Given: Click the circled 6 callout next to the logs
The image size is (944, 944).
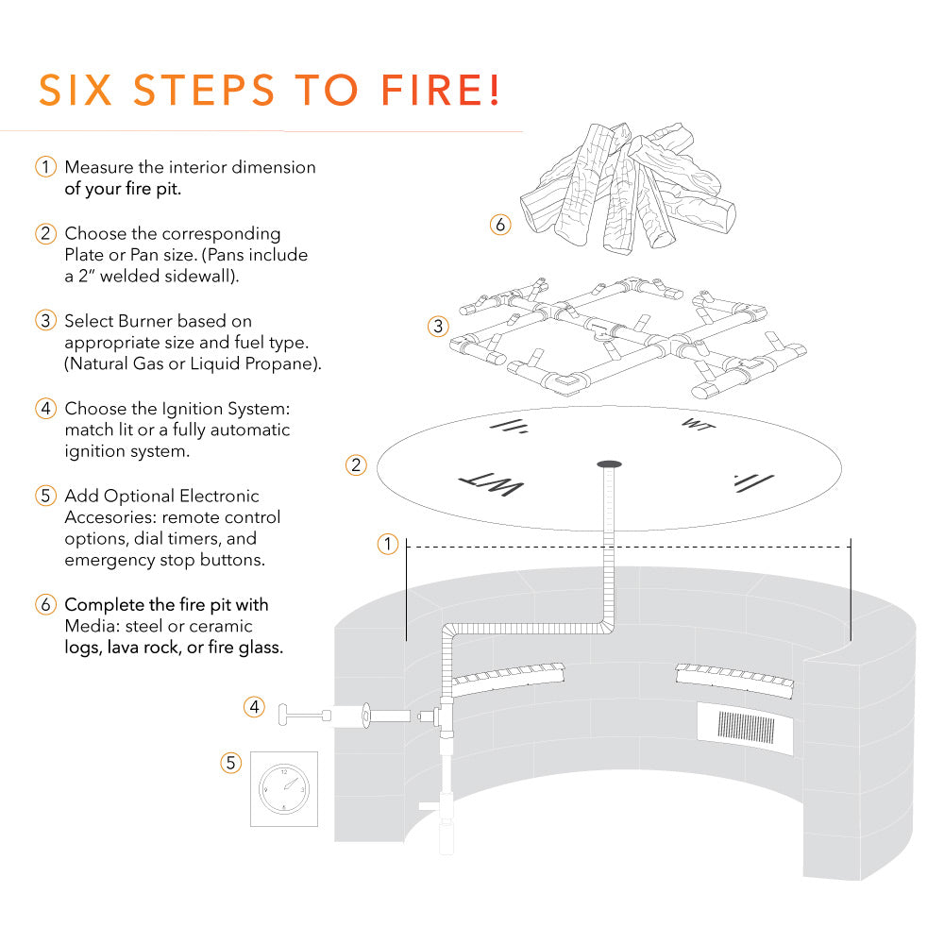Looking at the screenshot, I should (x=500, y=225).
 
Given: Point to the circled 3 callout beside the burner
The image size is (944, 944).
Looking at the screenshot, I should (x=437, y=327).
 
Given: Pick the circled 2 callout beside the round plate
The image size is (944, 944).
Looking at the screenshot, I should (x=356, y=464).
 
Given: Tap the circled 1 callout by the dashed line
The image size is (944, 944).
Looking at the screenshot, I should (x=387, y=544).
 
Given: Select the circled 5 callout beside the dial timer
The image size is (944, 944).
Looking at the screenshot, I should (x=231, y=763).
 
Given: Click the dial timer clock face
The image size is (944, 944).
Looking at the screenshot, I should (x=283, y=789).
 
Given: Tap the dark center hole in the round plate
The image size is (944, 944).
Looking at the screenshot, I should (x=610, y=464).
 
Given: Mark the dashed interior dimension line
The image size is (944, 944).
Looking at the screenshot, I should (x=628, y=546).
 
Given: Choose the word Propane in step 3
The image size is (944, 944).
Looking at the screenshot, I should (x=282, y=364).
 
